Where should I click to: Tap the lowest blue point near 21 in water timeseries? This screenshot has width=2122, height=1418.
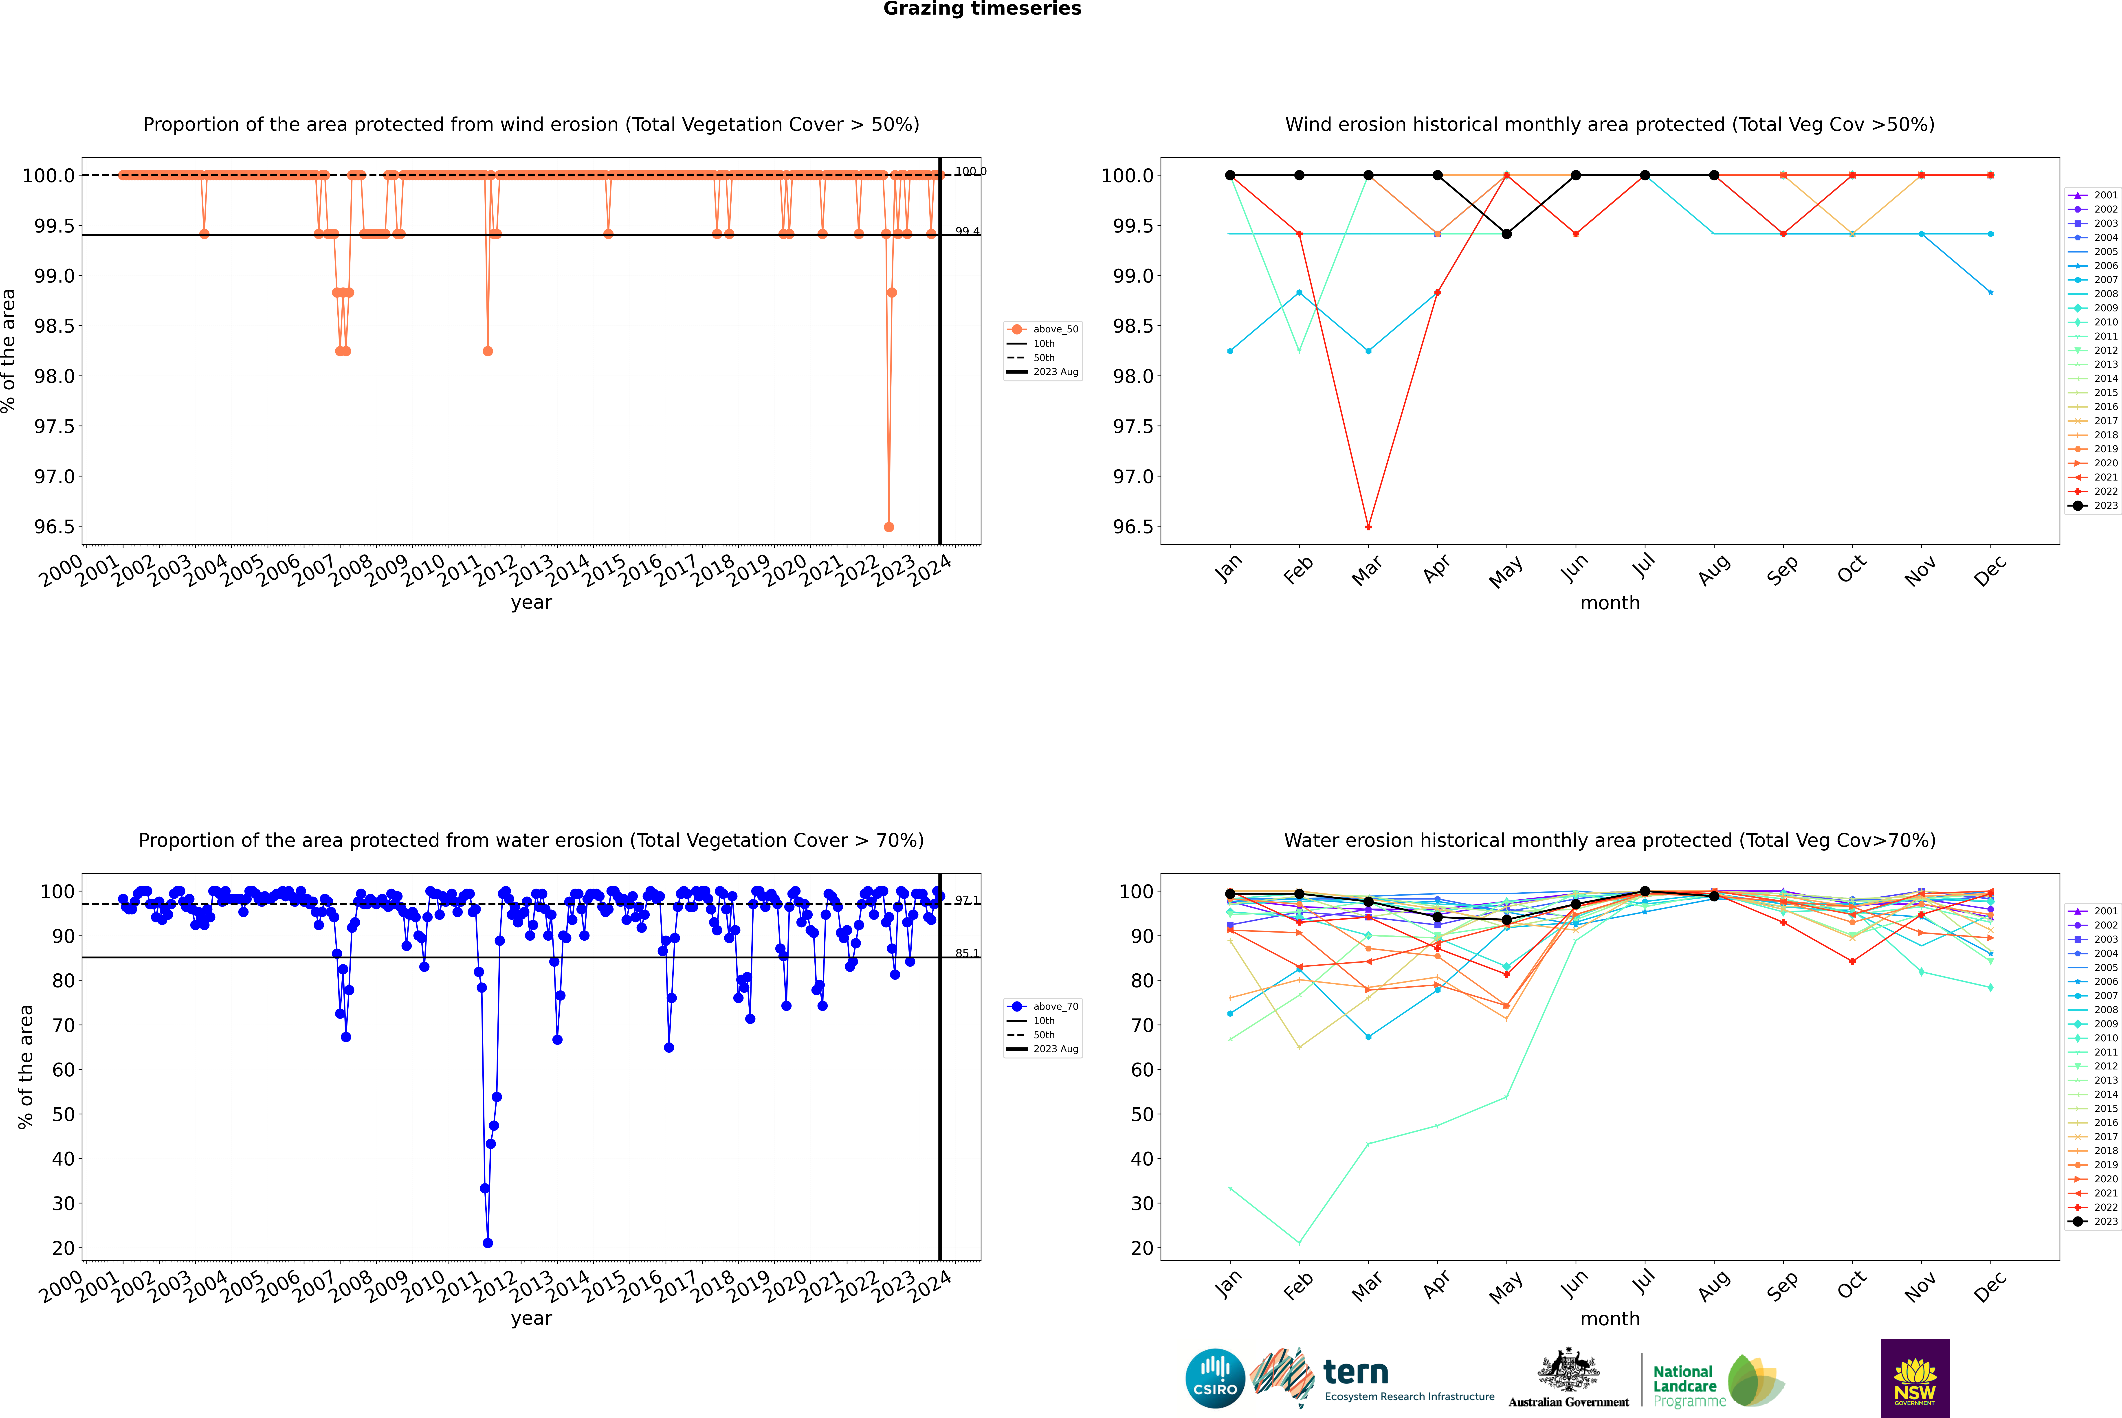coord(488,1242)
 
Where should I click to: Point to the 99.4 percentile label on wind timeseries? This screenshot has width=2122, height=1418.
coord(967,232)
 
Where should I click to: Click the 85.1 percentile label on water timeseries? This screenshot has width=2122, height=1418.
coord(967,953)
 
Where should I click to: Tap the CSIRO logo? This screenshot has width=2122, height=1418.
coord(1215,1378)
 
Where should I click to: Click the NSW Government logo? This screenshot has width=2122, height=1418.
coord(1915,1378)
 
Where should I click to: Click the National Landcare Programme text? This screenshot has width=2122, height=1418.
coord(1684,1385)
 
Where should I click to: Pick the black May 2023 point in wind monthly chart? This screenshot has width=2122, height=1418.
coord(1506,234)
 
